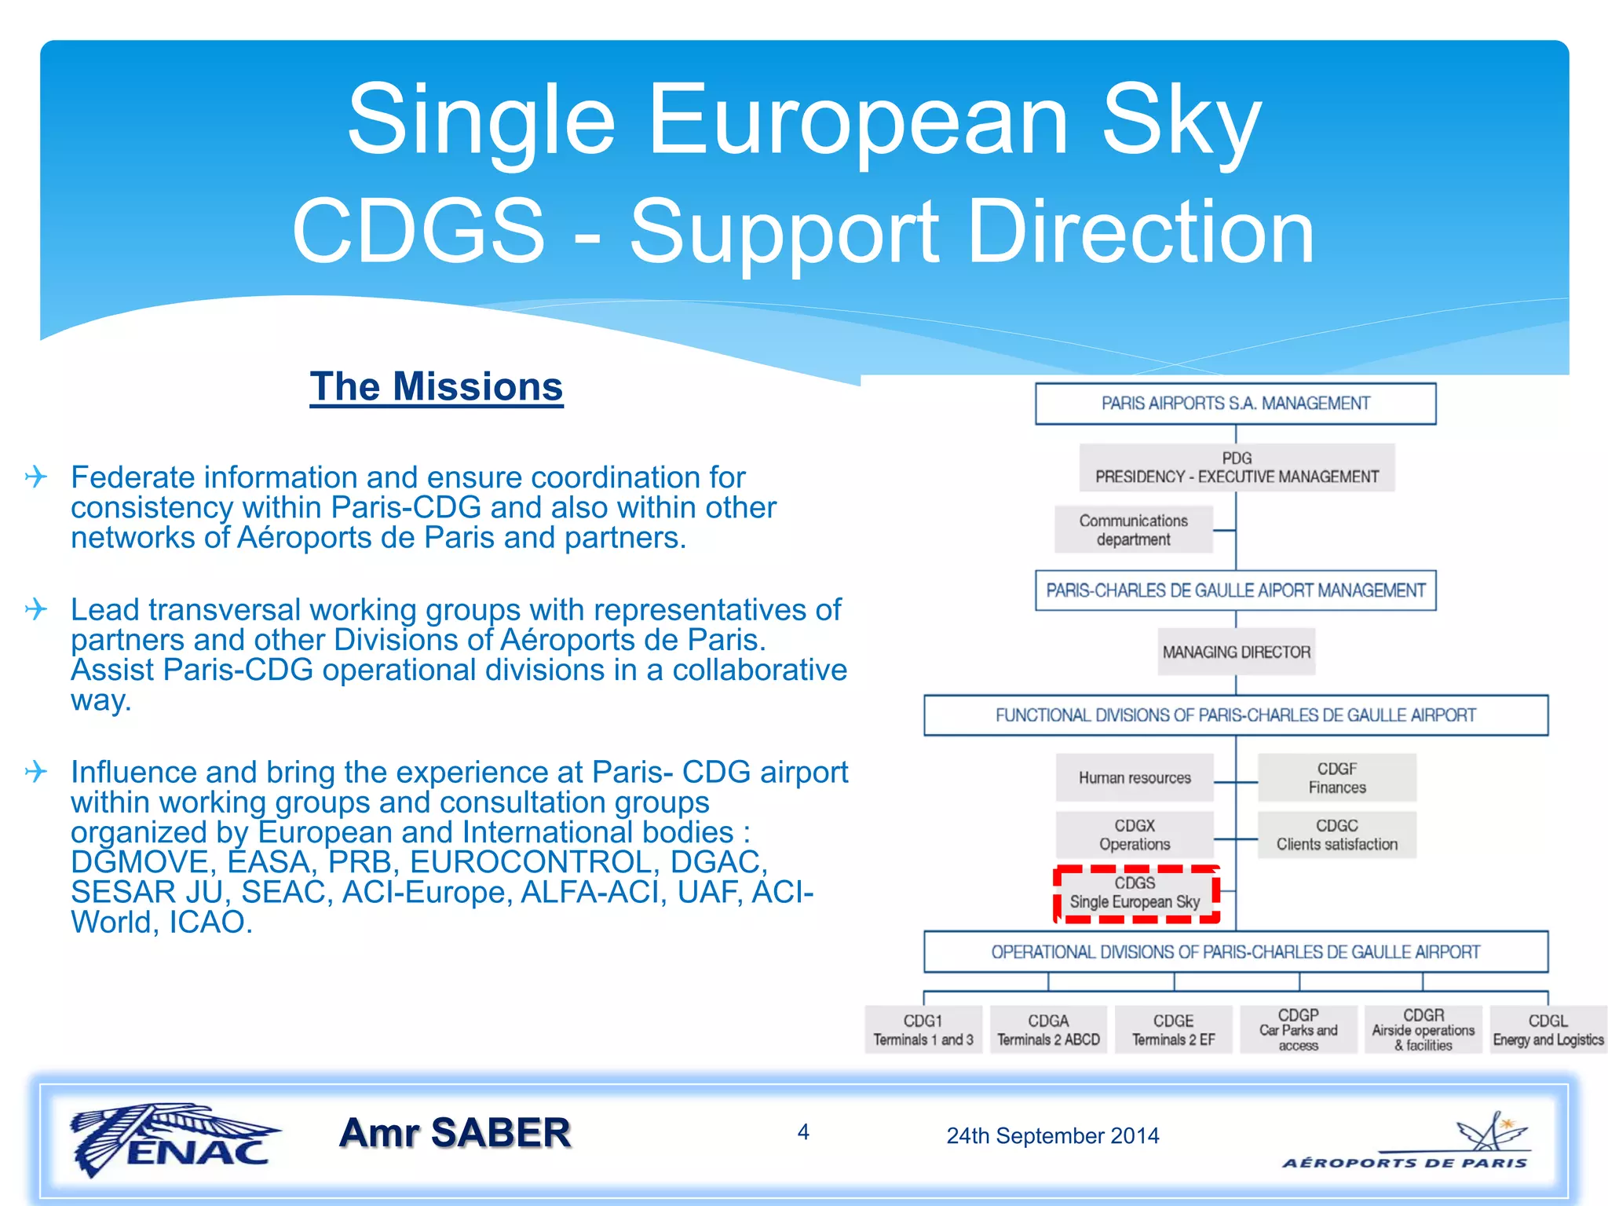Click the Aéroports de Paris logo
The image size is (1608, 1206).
pyautogui.click(x=1405, y=1143)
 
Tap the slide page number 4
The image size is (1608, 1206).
pyautogui.click(x=803, y=1131)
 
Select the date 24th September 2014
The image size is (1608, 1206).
pyautogui.click(x=1052, y=1135)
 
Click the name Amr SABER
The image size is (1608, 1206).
pyautogui.click(x=455, y=1133)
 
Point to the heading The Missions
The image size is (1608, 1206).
pyautogui.click(x=437, y=387)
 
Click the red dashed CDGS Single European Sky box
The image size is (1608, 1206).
pyautogui.click(x=1135, y=894)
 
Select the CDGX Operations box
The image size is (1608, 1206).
pyautogui.click(x=1135, y=835)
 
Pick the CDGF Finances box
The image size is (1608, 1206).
pyautogui.click(x=1336, y=778)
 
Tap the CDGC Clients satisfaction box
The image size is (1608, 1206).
pyautogui.click(x=1336, y=835)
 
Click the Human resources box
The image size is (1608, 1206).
pyautogui.click(x=1135, y=778)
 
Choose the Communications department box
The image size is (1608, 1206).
pyautogui.click(x=1133, y=530)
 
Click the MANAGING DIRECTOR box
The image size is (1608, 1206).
pyautogui.click(x=1236, y=652)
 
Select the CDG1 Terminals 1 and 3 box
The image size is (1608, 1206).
pyautogui.click(x=923, y=1030)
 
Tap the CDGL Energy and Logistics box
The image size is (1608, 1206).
pyautogui.click(x=1548, y=1030)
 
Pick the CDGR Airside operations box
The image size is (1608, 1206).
pyautogui.click(x=1423, y=1030)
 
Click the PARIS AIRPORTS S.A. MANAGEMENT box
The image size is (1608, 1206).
pyautogui.click(x=1235, y=404)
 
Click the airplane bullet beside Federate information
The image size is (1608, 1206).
pyautogui.click(x=36, y=477)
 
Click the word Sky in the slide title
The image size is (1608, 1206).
pyautogui.click(x=1181, y=119)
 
